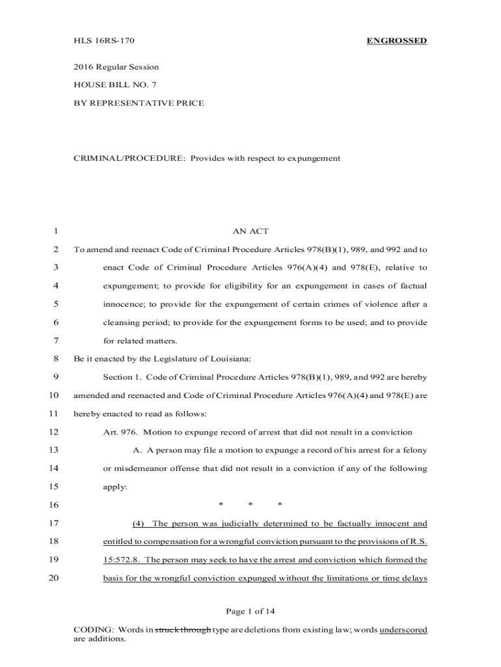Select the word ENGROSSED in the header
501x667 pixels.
[396, 41]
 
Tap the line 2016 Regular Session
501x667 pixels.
[116, 67]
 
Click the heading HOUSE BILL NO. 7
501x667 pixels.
[115, 85]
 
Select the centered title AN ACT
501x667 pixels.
[251, 231]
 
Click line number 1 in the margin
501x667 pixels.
[57, 231]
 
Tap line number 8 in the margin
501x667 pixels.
[57, 358]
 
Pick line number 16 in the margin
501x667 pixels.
[54, 505]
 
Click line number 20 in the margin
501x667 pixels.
[54, 578]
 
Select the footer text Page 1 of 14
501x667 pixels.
[251, 611]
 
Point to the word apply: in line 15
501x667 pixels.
[116, 486]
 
